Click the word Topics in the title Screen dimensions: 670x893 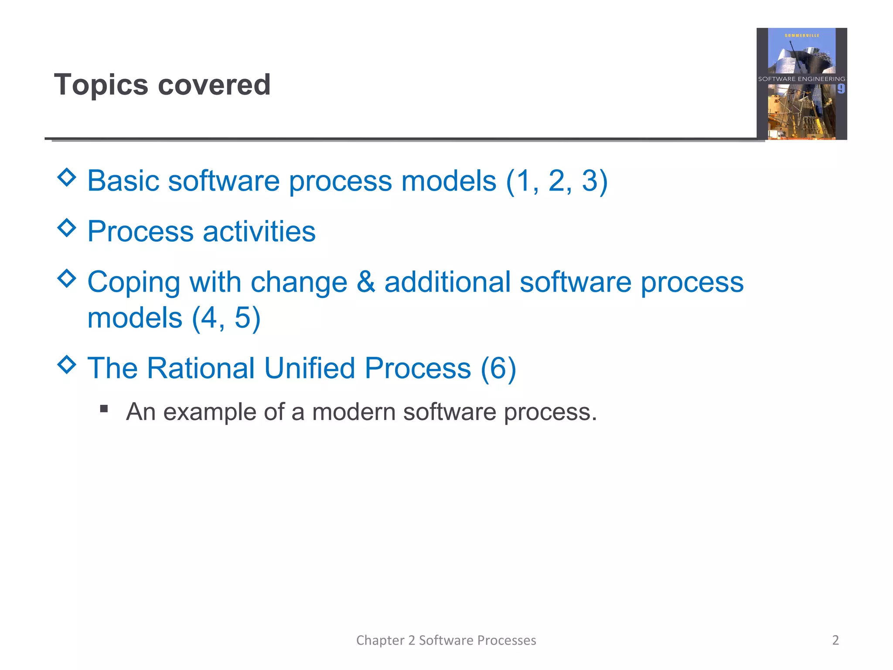pos(101,85)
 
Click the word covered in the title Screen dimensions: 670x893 pos(214,85)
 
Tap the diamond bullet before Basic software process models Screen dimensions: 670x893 pos(67,177)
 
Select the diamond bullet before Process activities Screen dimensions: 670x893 pos(67,228)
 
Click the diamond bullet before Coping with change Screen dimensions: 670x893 pos(67,278)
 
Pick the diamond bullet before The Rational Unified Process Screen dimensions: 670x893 pos(67,364)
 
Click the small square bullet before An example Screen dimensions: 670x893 pos(104,409)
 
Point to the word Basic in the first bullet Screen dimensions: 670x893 pos(123,181)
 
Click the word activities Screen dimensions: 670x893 pos(259,231)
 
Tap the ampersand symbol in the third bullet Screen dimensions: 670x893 pos(366,282)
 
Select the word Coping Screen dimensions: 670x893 pos(133,283)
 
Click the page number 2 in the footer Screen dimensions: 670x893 pos(835,640)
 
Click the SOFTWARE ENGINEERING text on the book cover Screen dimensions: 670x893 pos(801,79)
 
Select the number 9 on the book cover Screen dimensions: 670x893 pos(841,89)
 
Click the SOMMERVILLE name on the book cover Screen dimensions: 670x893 pos(802,35)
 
